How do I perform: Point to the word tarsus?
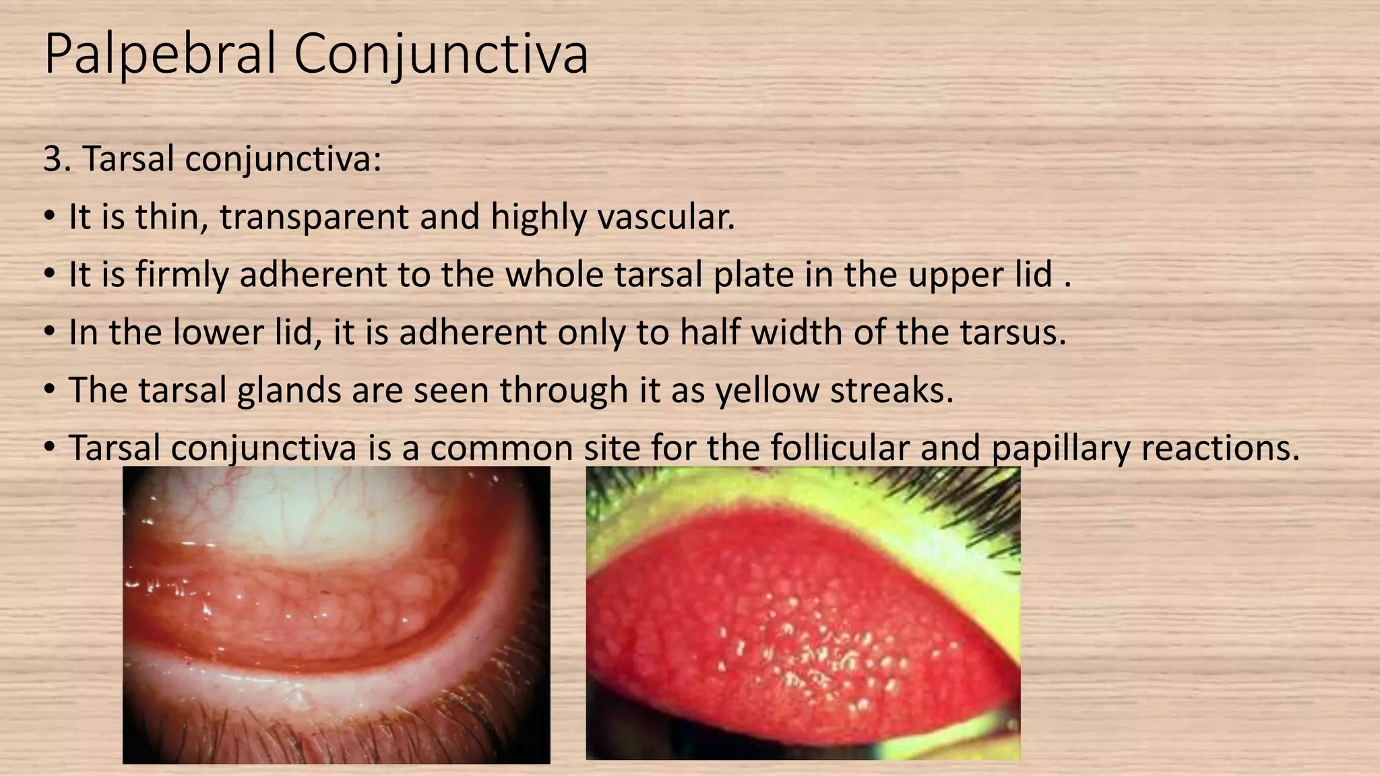pyautogui.click(x=1013, y=333)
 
